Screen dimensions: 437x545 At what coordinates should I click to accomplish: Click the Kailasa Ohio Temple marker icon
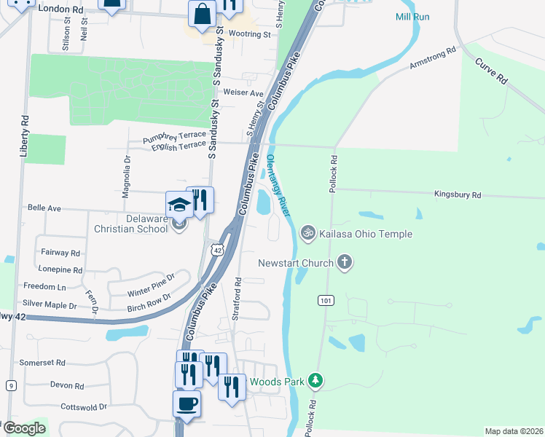308,233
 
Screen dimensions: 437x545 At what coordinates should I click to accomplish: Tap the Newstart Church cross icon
345,262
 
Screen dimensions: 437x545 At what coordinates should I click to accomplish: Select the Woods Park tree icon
315,381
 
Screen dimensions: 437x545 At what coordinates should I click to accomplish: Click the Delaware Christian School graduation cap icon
179,205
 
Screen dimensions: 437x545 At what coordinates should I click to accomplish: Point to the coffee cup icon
187,403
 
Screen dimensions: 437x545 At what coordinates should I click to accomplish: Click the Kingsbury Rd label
458,195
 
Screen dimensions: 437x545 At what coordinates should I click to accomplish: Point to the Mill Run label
415,17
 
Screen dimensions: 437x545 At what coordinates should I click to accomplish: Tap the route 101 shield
325,300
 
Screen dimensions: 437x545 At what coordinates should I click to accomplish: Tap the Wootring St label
249,34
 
